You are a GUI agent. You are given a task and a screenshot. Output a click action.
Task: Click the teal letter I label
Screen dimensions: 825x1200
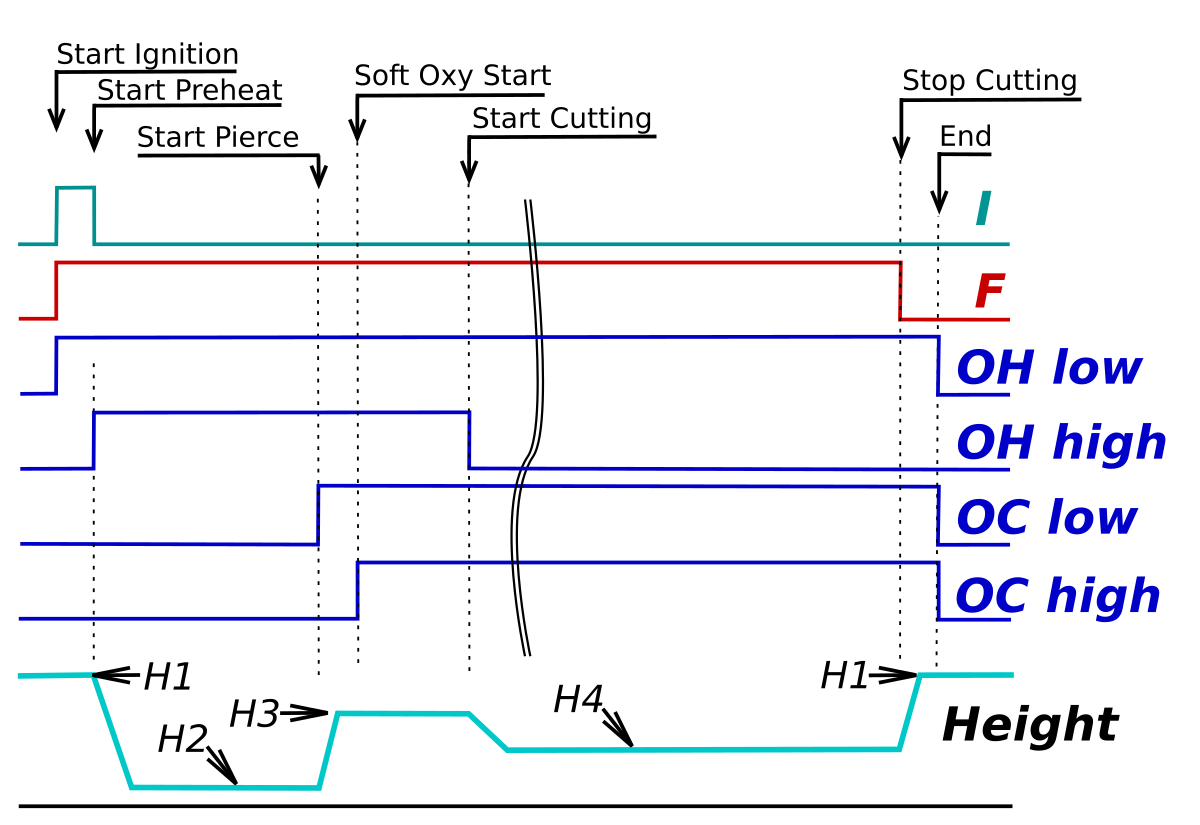[983, 210]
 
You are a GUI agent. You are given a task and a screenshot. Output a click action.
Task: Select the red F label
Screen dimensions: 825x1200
[989, 293]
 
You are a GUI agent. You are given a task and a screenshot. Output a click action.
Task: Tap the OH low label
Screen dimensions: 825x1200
[1048, 368]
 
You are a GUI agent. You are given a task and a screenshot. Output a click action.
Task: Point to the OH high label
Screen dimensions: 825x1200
[1061, 443]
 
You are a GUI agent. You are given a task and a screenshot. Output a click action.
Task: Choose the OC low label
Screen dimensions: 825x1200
[1046, 518]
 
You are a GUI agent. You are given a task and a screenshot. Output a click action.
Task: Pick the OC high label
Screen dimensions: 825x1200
[1057, 597]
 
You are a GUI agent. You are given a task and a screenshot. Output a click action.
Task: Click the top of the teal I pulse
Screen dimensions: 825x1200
[76, 187]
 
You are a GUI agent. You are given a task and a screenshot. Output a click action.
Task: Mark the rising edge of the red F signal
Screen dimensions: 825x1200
[56, 290]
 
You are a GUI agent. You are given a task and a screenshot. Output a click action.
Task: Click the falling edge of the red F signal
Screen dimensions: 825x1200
[901, 290]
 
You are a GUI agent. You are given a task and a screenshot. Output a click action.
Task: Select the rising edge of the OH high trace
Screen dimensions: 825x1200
[94, 440]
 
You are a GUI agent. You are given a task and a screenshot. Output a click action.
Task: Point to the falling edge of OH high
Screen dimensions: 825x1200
[470, 440]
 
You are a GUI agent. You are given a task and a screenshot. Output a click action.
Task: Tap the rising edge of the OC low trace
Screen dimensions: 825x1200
[318, 515]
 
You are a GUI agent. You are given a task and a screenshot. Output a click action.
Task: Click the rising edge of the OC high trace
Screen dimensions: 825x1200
[357, 590]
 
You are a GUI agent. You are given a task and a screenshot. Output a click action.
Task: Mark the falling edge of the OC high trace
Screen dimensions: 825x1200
[938, 590]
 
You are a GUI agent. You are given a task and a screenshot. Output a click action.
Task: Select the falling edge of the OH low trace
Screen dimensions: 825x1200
[938, 365]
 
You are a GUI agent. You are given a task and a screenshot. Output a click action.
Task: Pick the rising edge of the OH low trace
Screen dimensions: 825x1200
[56, 365]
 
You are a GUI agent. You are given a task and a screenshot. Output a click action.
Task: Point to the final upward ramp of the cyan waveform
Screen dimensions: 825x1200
[910, 712]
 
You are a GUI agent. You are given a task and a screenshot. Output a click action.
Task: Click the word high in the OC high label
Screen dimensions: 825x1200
[1103, 597]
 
